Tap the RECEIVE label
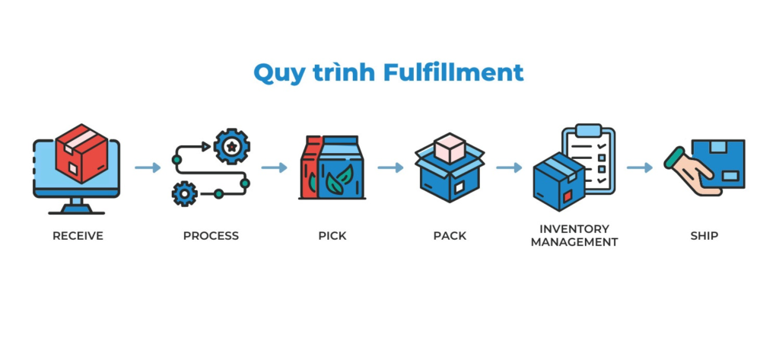78,236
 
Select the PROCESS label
211,236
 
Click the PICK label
332,236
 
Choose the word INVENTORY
574,228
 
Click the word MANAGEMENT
574,242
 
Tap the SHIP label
704,236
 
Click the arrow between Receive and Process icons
148,167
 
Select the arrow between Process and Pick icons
274,167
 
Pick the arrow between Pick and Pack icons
390,167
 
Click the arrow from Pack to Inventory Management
509,167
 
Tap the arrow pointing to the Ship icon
639,167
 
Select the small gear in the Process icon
185,193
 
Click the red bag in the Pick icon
308,171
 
